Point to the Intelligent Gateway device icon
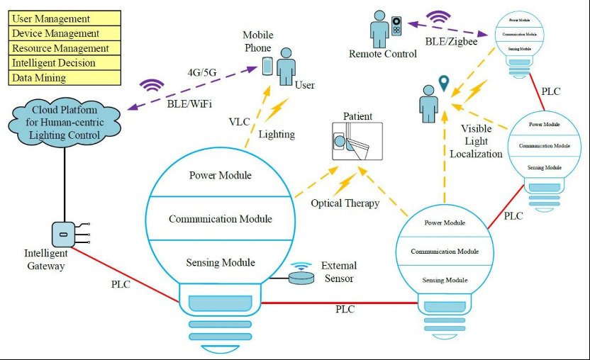pyautogui.click(x=63, y=233)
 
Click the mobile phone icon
pyautogui.click(x=267, y=67)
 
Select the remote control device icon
pyautogui.click(x=396, y=28)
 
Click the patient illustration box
pyautogui.click(x=357, y=141)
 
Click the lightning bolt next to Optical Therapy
pyautogui.click(x=347, y=184)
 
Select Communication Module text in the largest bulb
pyautogui.click(x=220, y=218)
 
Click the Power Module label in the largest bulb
pyautogui.click(x=220, y=176)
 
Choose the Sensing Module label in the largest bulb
pyautogui.click(x=220, y=262)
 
